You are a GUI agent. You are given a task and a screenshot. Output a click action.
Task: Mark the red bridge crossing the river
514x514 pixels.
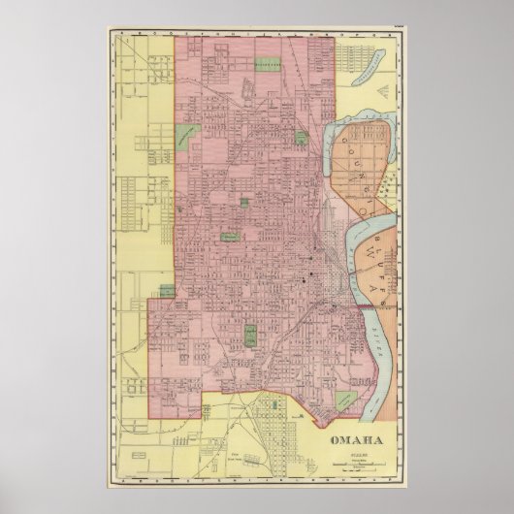click(369, 306)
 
